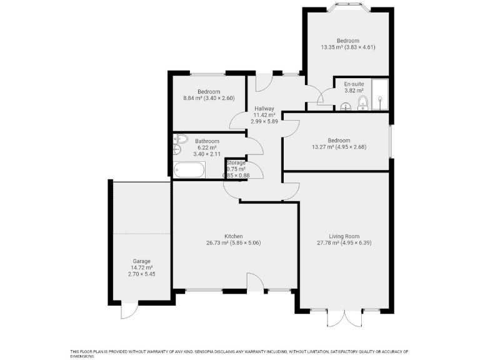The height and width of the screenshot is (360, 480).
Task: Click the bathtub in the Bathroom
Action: (x=189, y=169)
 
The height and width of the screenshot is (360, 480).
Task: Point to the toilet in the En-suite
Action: (x=362, y=102)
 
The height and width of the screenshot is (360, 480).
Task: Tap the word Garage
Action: (x=141, y=261)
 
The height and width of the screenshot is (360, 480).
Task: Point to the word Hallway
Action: (x=264, y=108)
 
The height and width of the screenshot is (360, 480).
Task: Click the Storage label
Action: (x=236, y=162)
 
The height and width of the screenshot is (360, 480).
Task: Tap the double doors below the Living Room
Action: (x=344, y=317)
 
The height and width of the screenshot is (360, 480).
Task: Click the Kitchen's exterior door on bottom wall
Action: (x=255, y=282)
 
